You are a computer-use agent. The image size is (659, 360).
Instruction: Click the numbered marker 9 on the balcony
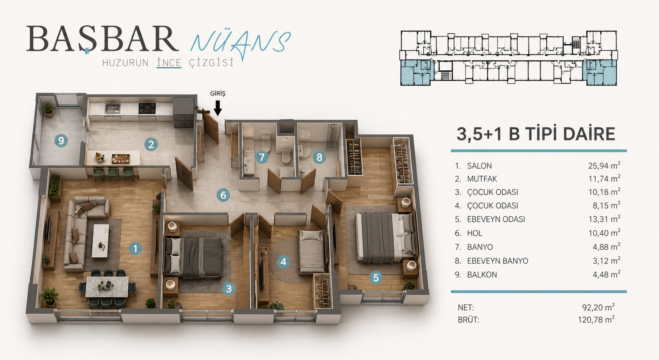tap(61, 141)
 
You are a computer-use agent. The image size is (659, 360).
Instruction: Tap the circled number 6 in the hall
tap(223, 195)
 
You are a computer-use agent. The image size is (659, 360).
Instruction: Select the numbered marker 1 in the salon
tap(135, 249)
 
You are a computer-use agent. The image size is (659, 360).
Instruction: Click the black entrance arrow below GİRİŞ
tap(218, 108)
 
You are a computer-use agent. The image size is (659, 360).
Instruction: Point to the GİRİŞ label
tap(218, 94)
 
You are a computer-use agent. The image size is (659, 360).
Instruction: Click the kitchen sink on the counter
tap(112, 108)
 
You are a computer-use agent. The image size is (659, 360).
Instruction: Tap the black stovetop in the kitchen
tap(147, 108)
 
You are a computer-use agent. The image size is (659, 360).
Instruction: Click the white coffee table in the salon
tap(100, 241)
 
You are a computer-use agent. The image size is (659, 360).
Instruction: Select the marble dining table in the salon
tap(107, 287)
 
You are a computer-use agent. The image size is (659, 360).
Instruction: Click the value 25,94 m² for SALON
tap(604, 165)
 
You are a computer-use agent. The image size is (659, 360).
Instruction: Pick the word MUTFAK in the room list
tap(482, 179)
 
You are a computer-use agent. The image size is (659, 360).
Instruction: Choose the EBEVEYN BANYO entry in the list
tap(497, 261)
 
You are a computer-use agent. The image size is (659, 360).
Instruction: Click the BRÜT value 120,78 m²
tap(596, 319)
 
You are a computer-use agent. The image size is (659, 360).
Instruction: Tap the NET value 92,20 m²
tap(598, 307)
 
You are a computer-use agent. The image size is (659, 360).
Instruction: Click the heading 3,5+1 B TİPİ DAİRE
tap(536, 134)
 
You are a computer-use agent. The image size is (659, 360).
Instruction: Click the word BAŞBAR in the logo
tap(103, 39)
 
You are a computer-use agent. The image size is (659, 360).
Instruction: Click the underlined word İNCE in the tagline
tap(169, 63)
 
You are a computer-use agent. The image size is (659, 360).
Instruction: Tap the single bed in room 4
tap(312, 252)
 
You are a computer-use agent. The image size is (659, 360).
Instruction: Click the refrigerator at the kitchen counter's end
tap(184, 112)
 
